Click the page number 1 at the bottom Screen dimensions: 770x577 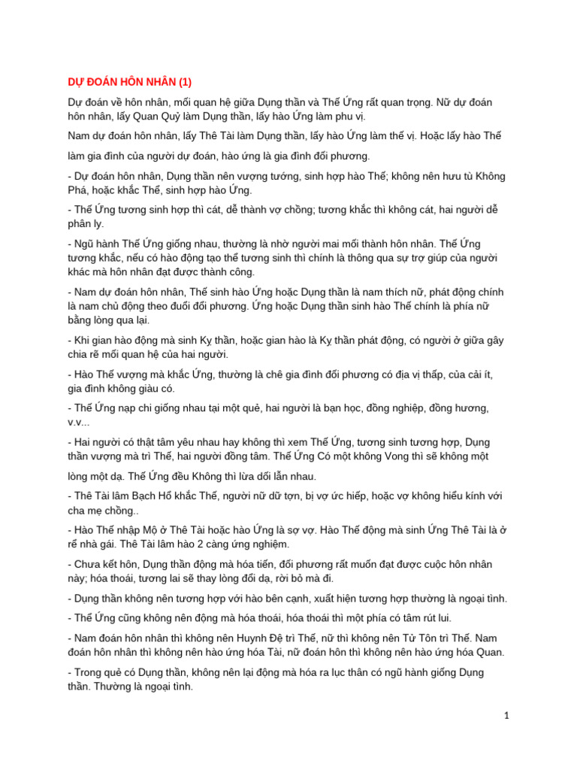[x=507, y=716]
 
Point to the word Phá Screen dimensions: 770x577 [x=79, y=190]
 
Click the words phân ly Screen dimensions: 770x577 [x=85, y=223]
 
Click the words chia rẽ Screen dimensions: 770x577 [x=93, y=354]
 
